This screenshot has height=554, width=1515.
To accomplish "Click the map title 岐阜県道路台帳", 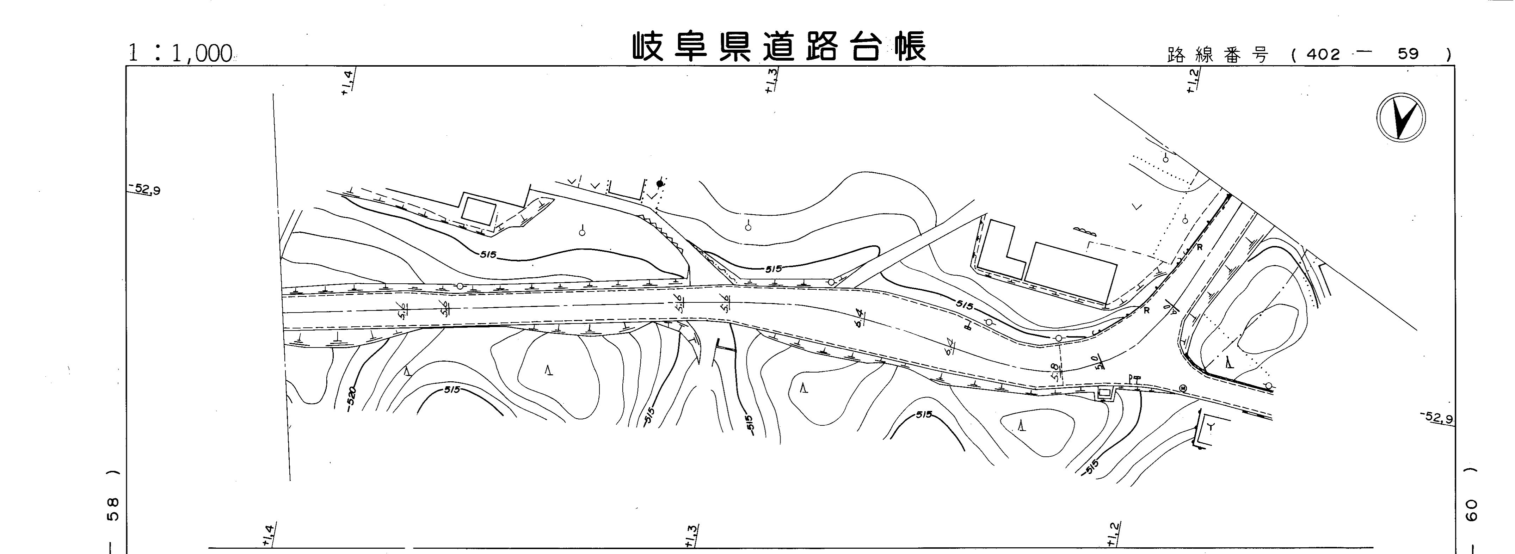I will click(x=779, y=47).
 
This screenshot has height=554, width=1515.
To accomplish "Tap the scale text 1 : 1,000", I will click(x=180, y=54).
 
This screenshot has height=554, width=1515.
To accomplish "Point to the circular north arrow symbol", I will click(x=1400, y=117).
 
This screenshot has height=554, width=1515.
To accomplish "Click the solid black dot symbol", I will click(x=660, y=184).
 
